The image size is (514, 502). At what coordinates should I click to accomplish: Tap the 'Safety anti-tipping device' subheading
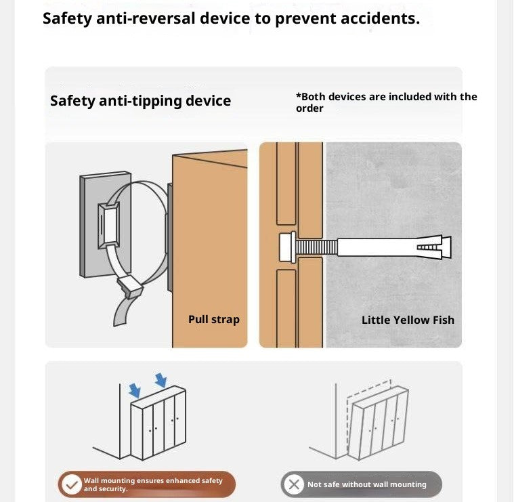[140, 101]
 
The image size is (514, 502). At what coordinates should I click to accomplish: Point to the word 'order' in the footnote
[309, 108]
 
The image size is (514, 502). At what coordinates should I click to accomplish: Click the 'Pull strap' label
[214, 319]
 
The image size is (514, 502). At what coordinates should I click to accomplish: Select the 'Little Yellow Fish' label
[408, 320]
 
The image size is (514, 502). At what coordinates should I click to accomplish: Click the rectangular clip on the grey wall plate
[108, 225]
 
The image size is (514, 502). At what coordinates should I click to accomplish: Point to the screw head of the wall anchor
[288, 247]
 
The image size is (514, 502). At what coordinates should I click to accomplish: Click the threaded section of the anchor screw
[317, 247]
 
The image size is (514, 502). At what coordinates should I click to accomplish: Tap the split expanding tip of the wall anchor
[434, 247]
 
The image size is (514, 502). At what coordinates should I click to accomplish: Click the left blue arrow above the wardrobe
[135, 390]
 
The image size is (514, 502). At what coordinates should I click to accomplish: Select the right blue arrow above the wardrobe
[161, 379]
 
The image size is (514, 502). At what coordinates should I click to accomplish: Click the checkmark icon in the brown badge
[72, 484]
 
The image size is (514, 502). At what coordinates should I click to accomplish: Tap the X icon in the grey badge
[294, 484]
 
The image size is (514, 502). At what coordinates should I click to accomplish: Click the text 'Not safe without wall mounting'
[367, 484]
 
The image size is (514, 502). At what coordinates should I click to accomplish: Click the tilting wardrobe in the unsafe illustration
[378, 423]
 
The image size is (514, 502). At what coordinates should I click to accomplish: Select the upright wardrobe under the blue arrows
[158, 422]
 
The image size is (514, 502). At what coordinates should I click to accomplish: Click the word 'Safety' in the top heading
[67, 19]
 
